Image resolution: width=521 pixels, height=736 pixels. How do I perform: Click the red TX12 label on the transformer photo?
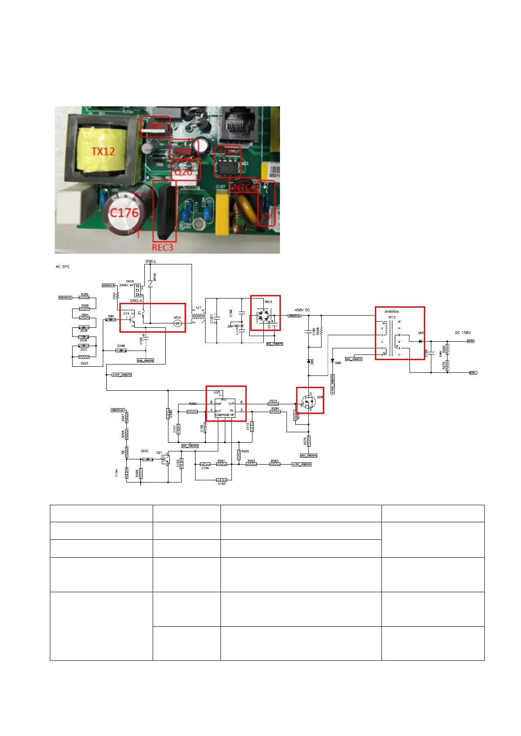[103, 152]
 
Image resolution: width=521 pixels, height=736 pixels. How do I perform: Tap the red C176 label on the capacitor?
[124, 213]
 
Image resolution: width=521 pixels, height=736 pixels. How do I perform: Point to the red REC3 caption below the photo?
[162, 247]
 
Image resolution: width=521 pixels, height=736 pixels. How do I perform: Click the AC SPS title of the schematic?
[62, 267]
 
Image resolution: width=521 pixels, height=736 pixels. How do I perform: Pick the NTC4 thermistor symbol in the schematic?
[177, 323]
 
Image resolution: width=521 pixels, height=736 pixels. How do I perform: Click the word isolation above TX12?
[392, 312]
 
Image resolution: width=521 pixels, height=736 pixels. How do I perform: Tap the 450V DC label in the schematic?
[302, 310]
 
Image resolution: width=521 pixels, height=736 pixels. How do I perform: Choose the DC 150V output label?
[462, 333]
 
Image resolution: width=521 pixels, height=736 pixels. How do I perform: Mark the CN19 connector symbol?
[137, 290]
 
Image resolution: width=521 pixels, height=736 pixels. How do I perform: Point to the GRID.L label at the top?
[151, 262]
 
